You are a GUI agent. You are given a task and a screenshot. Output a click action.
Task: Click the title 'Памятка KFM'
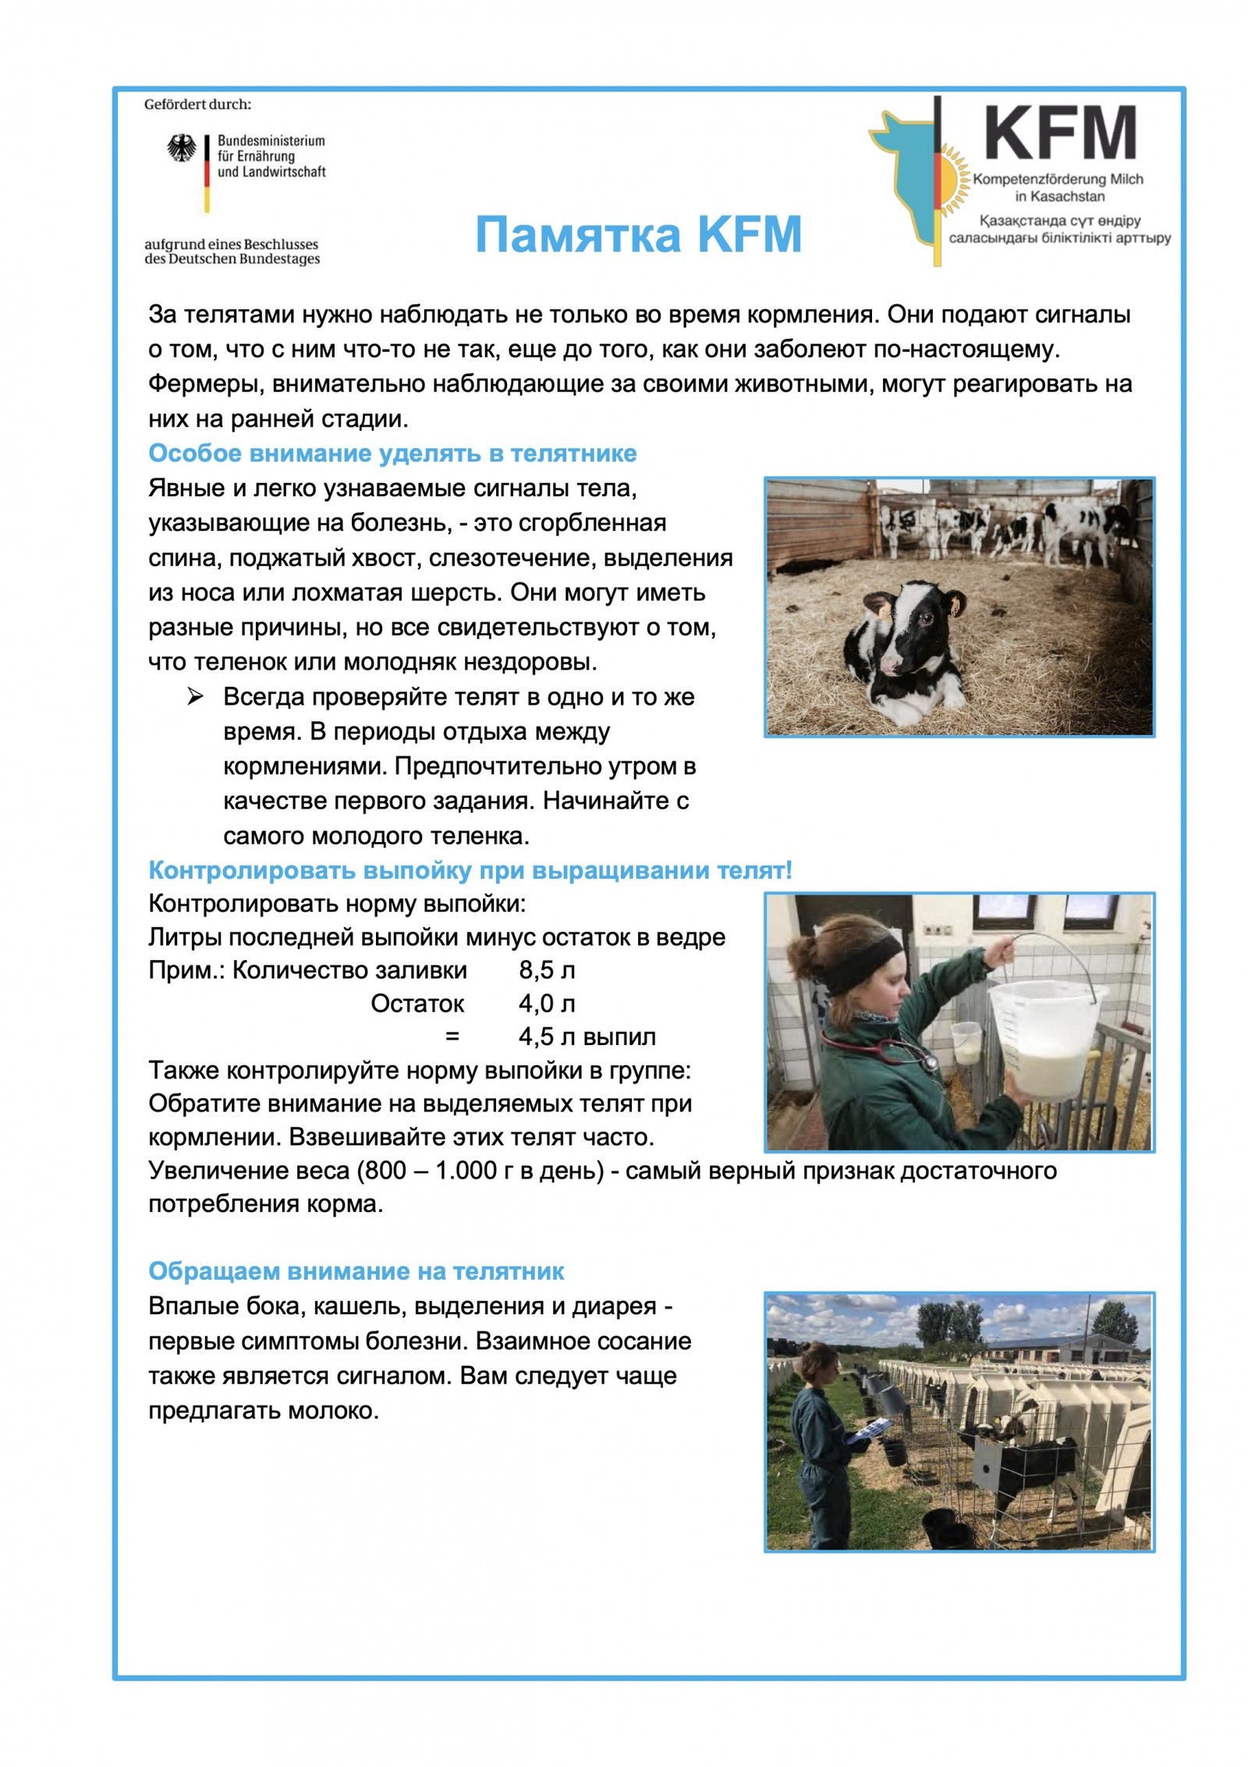[638, 234]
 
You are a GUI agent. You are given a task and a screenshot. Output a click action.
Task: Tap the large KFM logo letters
[1058, 133]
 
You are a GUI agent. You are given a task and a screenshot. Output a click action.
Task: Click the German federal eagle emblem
[182, 148]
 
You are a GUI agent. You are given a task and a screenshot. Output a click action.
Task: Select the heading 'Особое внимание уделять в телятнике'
[392, 453]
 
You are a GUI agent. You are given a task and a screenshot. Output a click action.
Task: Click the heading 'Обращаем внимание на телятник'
[356, 1271]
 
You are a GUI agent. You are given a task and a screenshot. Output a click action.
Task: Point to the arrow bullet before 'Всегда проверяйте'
[195, 696]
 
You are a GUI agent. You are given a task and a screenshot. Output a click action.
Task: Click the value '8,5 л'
[547, 970]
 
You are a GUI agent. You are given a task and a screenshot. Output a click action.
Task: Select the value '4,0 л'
[547, 1004]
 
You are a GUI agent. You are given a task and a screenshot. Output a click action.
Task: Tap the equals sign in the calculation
[452, 1037]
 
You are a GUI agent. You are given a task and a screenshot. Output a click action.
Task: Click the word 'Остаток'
[417, 1004]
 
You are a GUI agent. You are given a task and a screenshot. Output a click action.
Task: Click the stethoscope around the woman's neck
[897, 1050]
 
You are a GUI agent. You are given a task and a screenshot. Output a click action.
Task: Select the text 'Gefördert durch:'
[197, 105]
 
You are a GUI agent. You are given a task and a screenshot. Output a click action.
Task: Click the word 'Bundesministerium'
[271, 140]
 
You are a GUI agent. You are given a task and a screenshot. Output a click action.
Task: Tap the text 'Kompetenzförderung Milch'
[1058, 179]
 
